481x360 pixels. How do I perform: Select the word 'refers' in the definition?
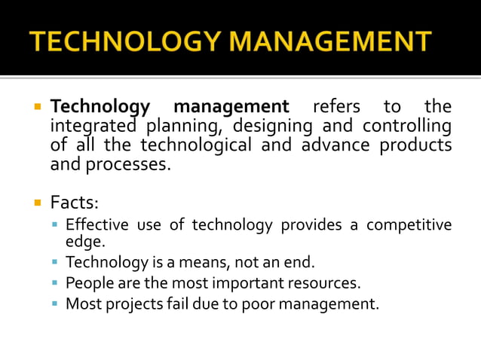point(336,107)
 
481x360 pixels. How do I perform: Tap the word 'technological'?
point(195,145)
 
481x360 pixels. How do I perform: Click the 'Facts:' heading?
point(74,203)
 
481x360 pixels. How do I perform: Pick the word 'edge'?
point(84,242)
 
